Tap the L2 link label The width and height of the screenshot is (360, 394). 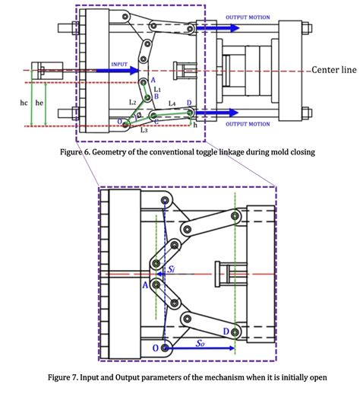tap(132, 102)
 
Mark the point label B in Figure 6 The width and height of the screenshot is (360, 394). tap(155, 97)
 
